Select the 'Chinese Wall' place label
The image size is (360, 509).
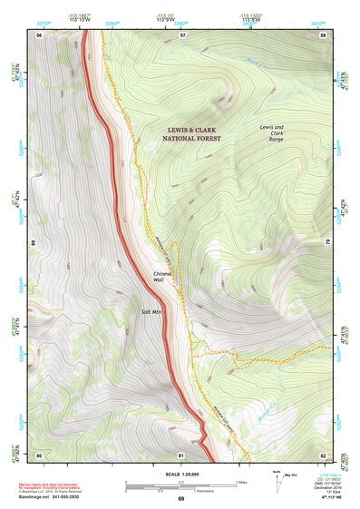tap(162, 277)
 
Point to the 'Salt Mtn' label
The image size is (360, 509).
tap(151, 311)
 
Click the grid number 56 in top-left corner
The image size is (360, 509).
tap(39, 34)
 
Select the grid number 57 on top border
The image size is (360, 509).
tap(182, 34)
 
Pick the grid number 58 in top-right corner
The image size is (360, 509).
tap(322, 34)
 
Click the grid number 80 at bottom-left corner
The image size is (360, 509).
tap(39, 454)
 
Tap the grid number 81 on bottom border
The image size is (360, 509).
tap(182, 454)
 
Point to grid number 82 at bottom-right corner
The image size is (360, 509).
tap(322, 454)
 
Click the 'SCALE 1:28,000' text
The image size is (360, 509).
tap(180, 473)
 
